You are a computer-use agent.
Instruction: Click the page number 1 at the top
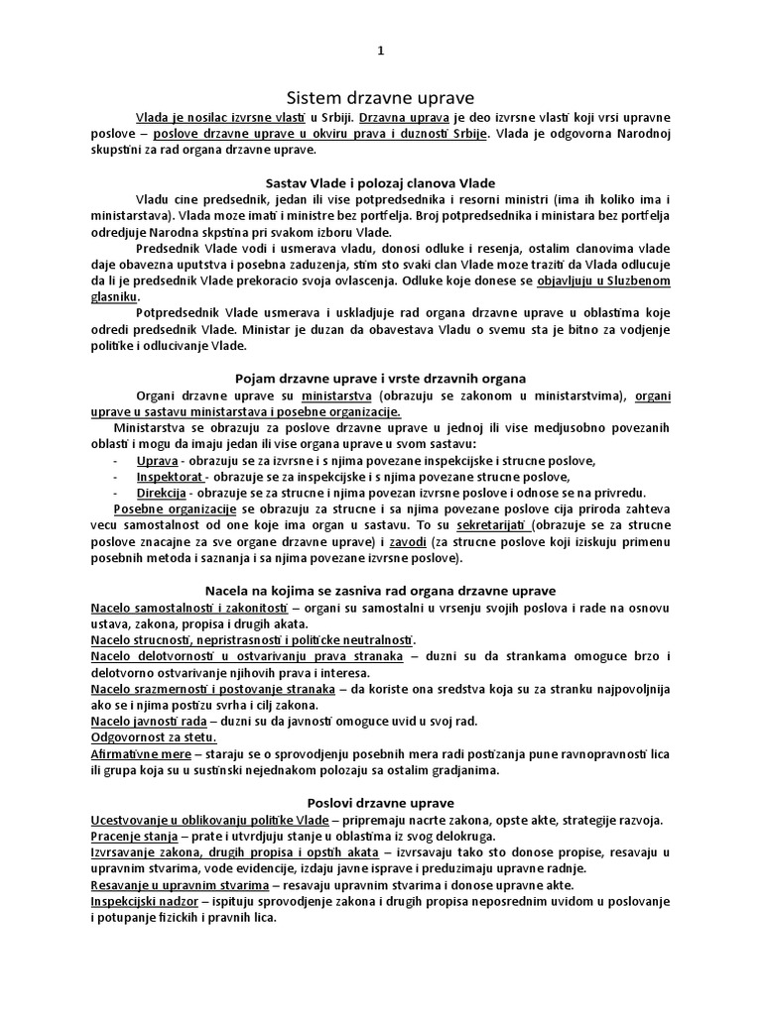point(380,52)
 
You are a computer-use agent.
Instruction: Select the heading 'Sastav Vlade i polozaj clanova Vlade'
point(381,183)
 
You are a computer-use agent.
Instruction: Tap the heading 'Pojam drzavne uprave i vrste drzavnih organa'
point(380,378)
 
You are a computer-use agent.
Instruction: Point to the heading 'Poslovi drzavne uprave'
point(380,801)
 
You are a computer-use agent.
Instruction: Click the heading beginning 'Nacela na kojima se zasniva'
point(380,589)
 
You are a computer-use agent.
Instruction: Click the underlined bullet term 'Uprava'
point(157,461)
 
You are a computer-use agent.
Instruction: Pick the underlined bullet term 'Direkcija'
point(164,492)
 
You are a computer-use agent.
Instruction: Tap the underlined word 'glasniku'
point(115,295)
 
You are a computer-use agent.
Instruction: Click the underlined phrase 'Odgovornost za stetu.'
point(154,736)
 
